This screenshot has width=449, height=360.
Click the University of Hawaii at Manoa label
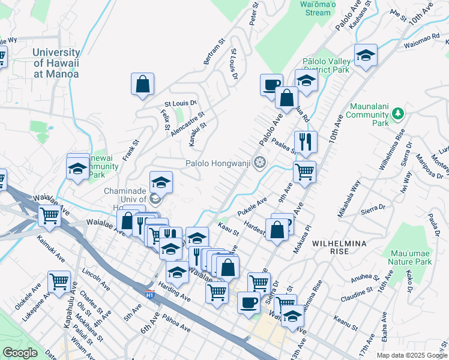(56, 64)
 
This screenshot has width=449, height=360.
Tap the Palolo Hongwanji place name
(218, 163)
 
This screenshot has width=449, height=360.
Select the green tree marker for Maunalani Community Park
(397, 113)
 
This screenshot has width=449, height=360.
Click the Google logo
(20, 353)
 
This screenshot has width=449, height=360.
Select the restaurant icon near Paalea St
(306, 143)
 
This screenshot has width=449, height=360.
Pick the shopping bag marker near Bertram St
(143, 85)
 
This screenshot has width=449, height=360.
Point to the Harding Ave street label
(174, 293)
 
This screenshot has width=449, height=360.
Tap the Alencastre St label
(187, 123)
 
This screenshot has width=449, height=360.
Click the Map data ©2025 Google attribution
(412, 355)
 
